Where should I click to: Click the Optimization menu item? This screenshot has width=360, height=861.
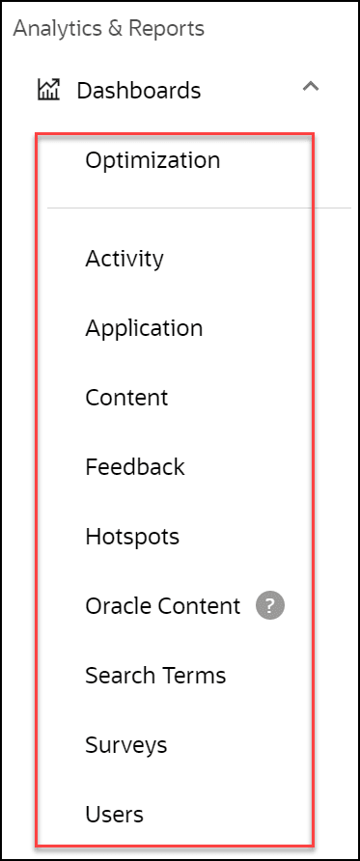pos(152,160)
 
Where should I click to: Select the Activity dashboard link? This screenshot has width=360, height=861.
pos(125,259)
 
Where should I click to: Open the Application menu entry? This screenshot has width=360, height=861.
pos(144,328)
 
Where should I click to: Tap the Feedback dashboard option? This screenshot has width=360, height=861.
pos(134,467)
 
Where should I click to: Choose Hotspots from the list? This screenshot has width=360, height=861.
pos(132,537)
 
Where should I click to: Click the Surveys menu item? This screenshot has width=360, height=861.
pos(125,745)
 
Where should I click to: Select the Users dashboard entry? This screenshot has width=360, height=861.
pos(114,815)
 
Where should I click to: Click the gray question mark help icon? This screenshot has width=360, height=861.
pos(270,606)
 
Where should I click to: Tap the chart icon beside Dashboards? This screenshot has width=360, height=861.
pos(48,91)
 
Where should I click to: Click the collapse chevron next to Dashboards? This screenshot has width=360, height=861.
pos(310,87)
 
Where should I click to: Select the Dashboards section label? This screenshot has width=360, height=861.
pos(139,91)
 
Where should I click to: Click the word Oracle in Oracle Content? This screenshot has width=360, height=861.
pos(113,606)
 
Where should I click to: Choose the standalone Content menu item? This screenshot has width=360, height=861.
pos(126,398)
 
